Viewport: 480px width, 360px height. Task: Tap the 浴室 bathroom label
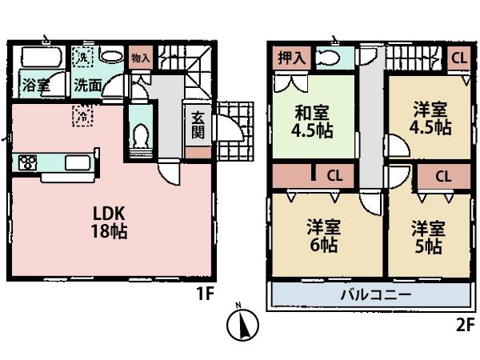coord(36,84)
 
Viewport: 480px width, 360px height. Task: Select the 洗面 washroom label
coord(87,84)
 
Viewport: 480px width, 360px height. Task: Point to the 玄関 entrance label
coord(198,124)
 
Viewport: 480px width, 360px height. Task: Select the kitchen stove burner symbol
coord(26,163)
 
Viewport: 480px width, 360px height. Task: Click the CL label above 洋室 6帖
coord(333,174)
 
